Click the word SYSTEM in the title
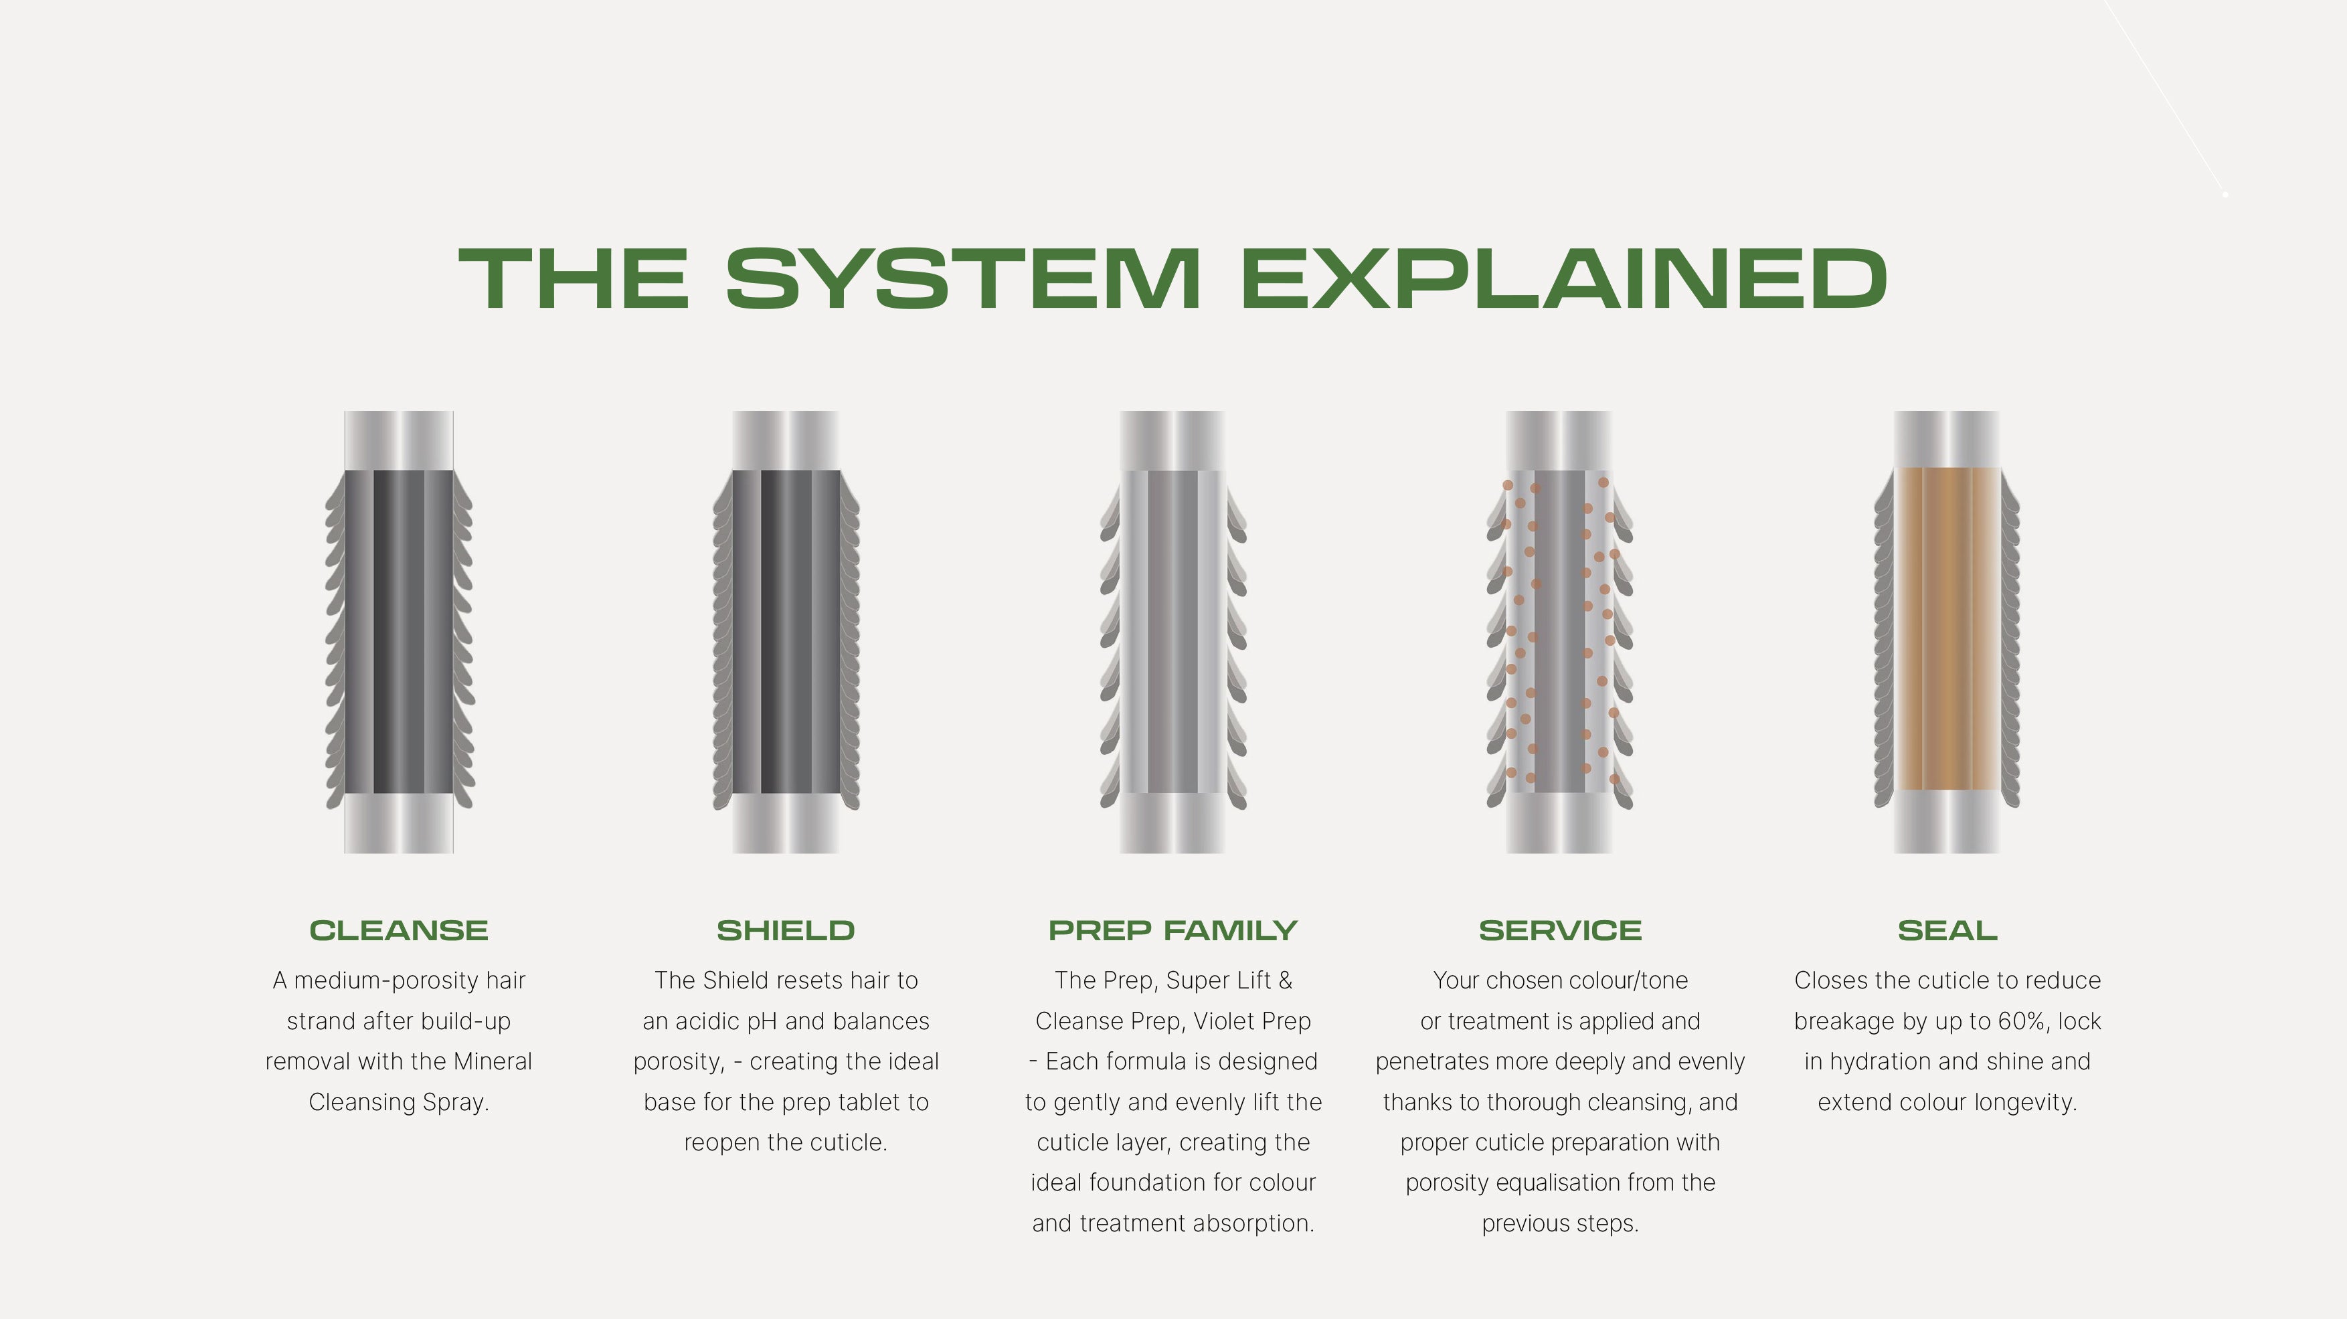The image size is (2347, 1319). (962, 279)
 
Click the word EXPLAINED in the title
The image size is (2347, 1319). (1563, 279)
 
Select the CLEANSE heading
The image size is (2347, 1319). (399, 930)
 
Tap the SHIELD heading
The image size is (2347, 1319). (786, 930)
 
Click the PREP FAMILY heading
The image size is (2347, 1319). (1172, 930)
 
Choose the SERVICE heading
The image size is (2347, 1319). (1560, 930)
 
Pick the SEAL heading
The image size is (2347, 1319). (1947, 930)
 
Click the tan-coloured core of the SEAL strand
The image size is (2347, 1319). (1947, 628)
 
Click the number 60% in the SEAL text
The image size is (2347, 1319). (2019, 1021)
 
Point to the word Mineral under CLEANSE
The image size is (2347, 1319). (492, 1062)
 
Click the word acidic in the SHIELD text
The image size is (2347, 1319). (707, 1021)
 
